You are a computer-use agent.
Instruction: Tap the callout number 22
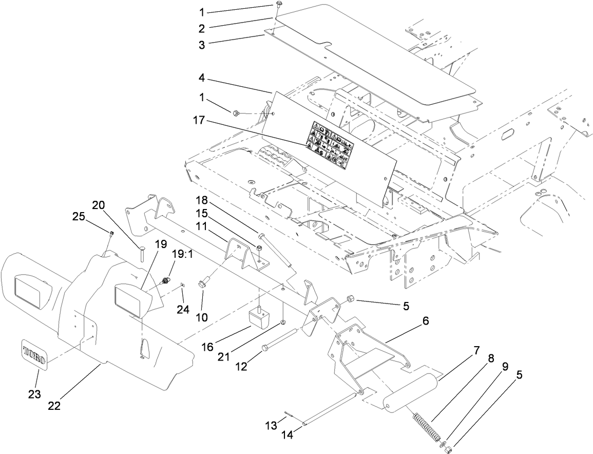pos(54,405)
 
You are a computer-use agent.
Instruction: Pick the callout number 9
pos(505,367)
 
